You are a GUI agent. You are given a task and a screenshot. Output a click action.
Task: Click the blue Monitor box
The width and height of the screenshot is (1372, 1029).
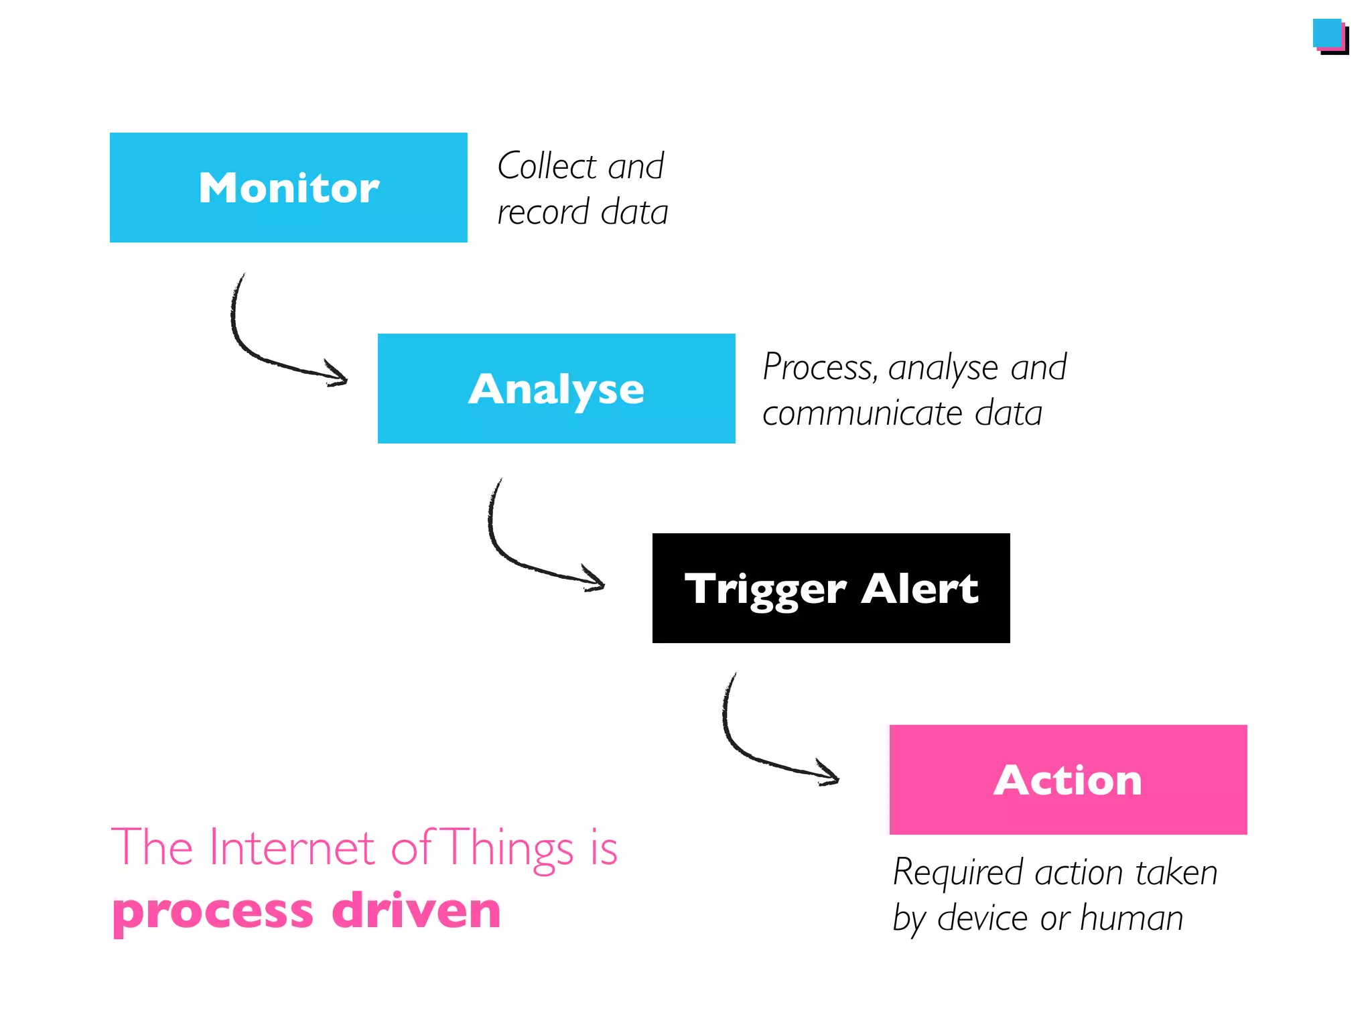(x=288, y=188)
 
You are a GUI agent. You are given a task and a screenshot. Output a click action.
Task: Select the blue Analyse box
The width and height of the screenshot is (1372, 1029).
(x=556, y=389)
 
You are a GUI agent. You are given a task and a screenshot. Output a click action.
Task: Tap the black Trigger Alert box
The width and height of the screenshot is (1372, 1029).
(x=831, y=588)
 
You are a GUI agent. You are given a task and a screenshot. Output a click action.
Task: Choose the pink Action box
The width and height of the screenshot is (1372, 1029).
(x=1068, y=780)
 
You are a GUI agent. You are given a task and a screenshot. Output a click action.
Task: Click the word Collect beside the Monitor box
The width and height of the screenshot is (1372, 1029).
(x=547, y=166)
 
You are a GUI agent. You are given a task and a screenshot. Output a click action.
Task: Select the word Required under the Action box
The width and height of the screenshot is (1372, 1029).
(x=958, y=873)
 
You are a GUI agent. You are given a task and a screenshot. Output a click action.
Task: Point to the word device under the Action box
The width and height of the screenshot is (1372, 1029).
(x=981, y=918)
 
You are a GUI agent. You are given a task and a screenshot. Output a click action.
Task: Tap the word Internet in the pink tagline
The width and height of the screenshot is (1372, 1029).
(x=291, y=848)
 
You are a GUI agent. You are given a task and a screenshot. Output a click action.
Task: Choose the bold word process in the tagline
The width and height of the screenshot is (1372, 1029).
(x=212, y=912)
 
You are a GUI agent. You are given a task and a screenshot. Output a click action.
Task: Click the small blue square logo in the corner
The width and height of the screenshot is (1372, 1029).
(x=1328, y=34)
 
